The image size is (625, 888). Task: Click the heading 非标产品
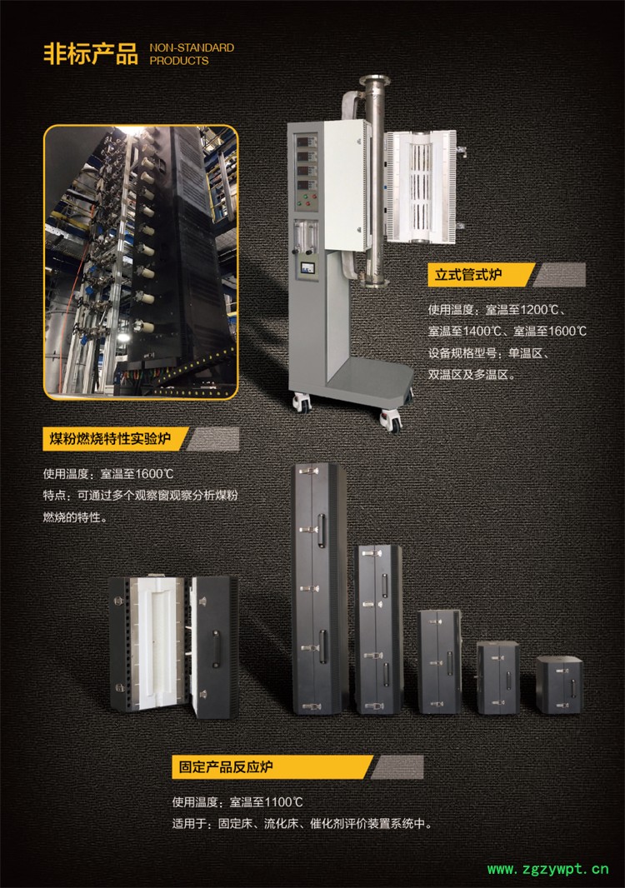[91, 54]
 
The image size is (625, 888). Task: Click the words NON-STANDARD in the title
[192, 47]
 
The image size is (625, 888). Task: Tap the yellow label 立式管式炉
[468, 275]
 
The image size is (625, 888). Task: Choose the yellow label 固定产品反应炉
[226, 767]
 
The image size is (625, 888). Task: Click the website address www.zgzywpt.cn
[548, 869]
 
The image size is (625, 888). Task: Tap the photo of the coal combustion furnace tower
[141, 262]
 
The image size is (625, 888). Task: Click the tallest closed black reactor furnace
[319, 588]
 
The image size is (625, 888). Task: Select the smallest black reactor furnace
[559, 684]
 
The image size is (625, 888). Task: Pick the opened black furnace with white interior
[173, 646]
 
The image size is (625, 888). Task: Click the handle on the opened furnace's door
[216, 649]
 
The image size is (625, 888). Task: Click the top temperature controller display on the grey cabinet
[307, 141]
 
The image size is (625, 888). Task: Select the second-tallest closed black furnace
[378, 629]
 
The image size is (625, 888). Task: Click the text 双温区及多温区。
[472, 374]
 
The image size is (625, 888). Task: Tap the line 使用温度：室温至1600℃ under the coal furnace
[108, 473]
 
